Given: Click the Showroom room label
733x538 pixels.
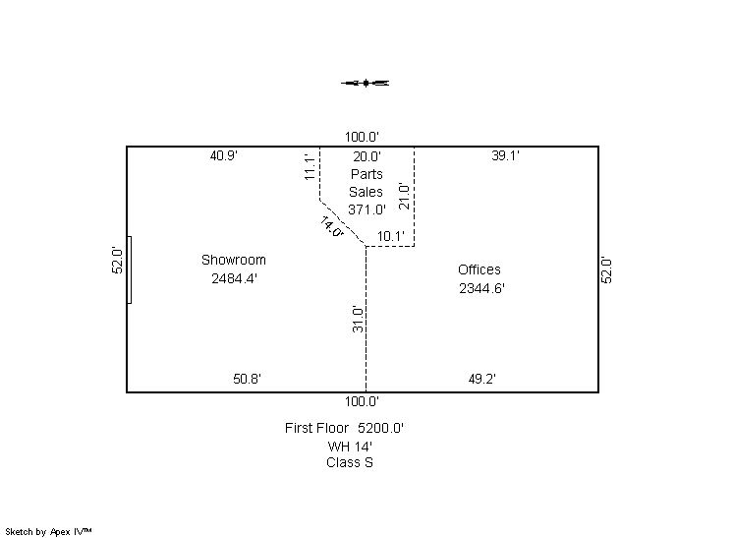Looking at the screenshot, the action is (x=234, y=260).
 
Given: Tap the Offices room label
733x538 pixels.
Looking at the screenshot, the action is (x=479, y=269).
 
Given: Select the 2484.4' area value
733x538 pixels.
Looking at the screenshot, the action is (x=234, y=278).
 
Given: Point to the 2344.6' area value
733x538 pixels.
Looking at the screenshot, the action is (x=481, y=288).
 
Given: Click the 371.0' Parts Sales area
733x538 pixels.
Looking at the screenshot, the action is (x=366, y=209).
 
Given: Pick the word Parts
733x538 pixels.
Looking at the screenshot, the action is (x=366, y=174).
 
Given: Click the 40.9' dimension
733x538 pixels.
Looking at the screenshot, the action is (x=224, y=155).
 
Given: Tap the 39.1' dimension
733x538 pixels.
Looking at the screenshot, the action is (x=505, y=155).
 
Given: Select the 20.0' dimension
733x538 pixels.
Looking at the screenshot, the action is (x=366, y=156).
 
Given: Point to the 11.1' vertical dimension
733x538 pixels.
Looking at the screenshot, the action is (x=309, y=167).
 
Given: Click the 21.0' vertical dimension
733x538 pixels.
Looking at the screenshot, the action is (x=404, y=196).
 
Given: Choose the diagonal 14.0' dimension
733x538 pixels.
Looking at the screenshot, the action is (x=332, y=226).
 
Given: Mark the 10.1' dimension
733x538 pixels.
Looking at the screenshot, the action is (x=391, y=236).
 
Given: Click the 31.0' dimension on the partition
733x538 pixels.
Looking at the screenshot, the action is (x=358, y=319).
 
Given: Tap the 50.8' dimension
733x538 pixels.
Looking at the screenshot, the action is (x=247, y=379).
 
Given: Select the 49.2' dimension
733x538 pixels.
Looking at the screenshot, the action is (x=482, y=379).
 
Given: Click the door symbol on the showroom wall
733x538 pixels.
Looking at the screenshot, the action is (x=130, y=269).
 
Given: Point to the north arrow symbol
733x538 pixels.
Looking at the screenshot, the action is (x=366, y=84).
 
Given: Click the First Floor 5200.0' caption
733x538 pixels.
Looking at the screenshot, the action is (x=345, y=428).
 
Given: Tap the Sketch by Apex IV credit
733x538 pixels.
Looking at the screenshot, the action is (x=48, y=531).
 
